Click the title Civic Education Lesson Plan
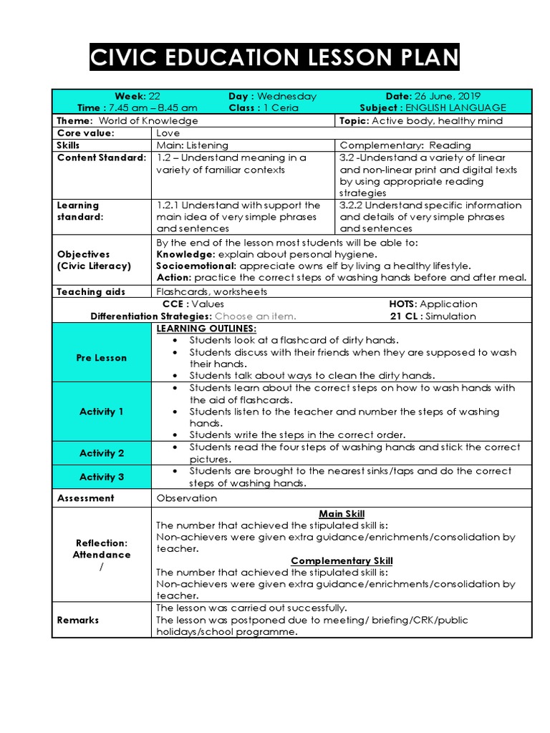coord(274,57)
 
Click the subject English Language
coord(463,107)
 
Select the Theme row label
coord(75,120)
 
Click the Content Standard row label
coord(101,157)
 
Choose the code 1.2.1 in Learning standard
coord(169,205)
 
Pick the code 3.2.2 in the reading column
coord(353,205)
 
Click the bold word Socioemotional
coord(186,266)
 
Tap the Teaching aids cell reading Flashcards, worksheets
coord(211,291)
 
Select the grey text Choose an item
coord(255,316)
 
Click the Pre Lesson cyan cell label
coord(101,358)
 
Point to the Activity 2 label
coord(101,453)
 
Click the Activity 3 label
coord(101,477)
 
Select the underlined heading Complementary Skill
coord(342,560)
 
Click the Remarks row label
coord(78,620)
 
